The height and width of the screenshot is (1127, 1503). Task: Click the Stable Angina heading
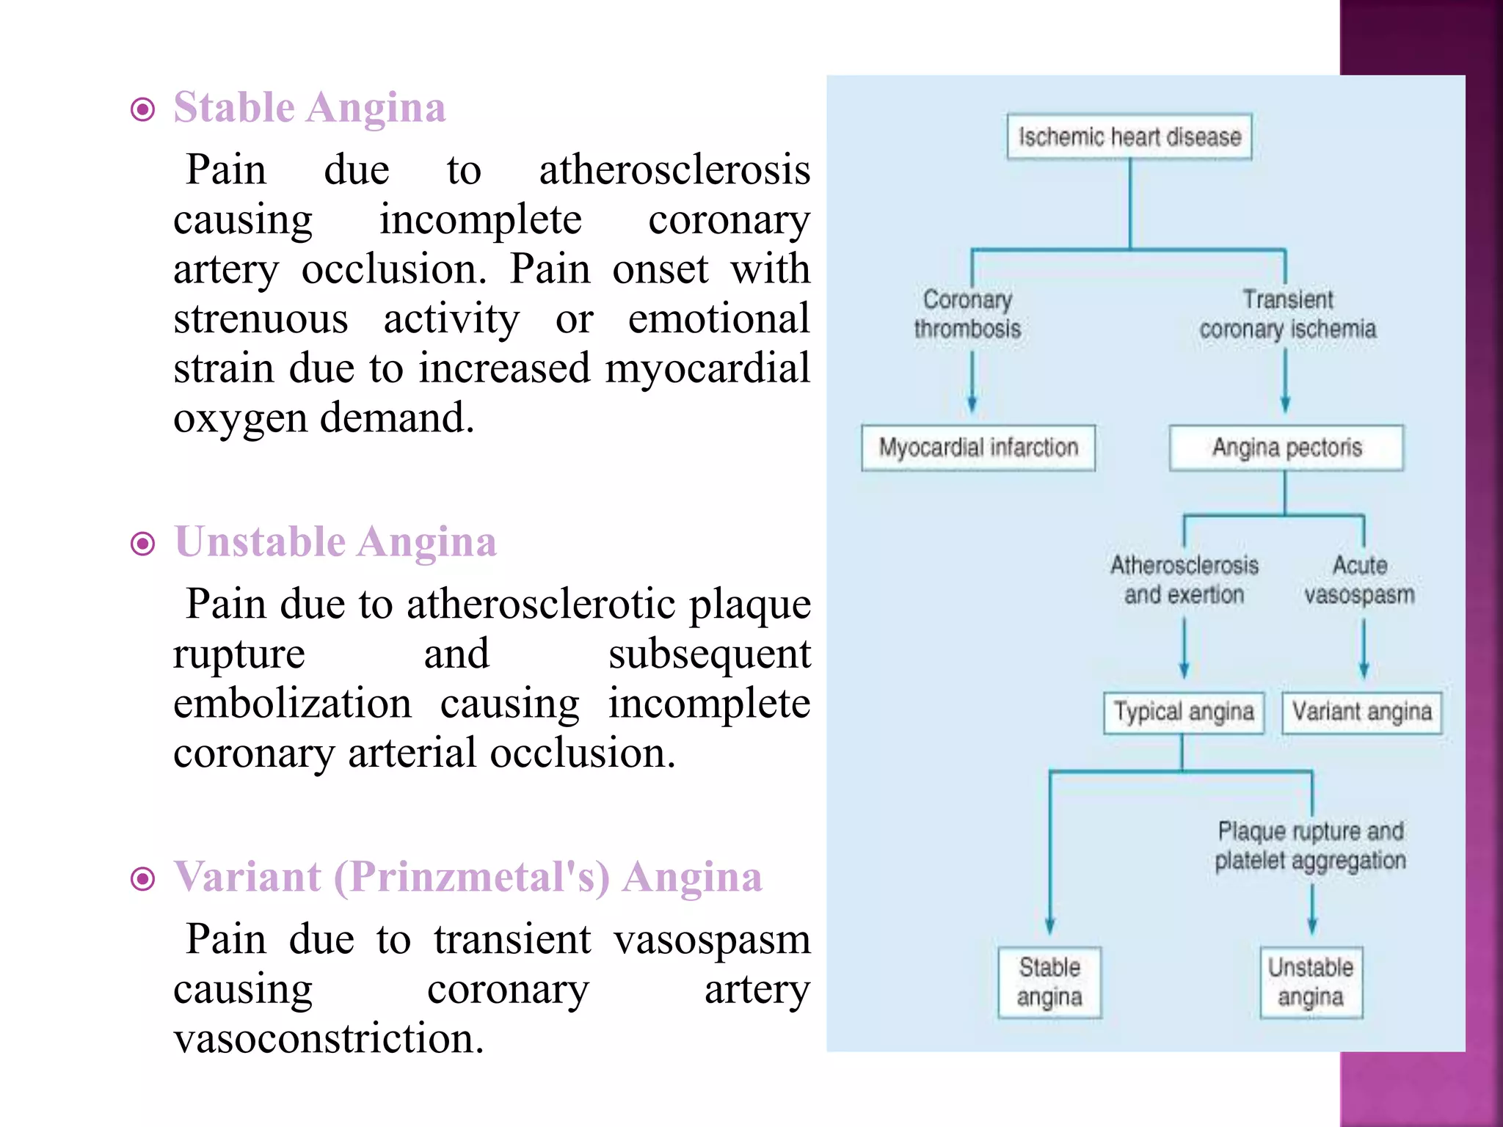[309, 108]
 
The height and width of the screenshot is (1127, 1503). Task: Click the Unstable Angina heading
[335, 542]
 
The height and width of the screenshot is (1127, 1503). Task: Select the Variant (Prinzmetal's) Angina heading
[467, 877]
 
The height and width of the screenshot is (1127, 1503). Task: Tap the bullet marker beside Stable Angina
[142, 110]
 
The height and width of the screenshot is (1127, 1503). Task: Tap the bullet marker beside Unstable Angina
[142, 544]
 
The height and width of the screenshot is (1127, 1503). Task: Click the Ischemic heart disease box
[1129, 136]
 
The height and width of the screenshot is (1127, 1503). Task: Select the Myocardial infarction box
[978, 448]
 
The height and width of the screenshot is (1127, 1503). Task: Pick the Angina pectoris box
[1286, 448]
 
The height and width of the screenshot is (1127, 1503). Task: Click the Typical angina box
[1183, 712]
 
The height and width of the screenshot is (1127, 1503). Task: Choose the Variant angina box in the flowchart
[1361, 712]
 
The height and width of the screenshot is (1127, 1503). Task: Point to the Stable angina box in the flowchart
[1049, 982]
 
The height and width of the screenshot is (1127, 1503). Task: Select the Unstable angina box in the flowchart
[1311, 982]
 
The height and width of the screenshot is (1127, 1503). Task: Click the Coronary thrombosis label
[967, 314]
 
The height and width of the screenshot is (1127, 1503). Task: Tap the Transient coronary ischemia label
[1287, 314]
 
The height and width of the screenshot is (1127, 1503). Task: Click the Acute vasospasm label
[1359, 580]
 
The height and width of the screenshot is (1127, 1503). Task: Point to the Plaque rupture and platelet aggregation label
[1311, 845]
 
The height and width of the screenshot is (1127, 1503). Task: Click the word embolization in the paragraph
[292, 703]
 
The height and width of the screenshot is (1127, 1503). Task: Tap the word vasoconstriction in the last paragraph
[328, 1038]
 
